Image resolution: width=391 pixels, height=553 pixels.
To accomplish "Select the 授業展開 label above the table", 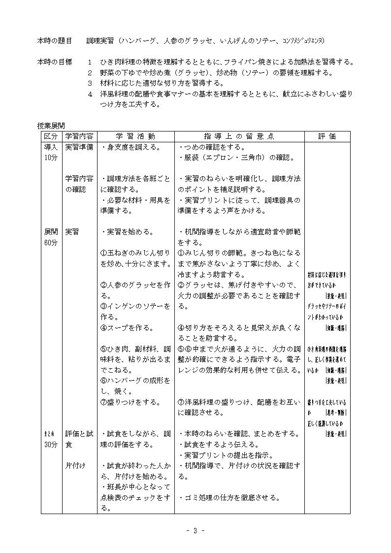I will pyautogui.click(x=51, y=126).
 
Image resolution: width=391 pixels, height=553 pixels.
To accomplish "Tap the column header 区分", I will pyautogui.click(x=51, y=136).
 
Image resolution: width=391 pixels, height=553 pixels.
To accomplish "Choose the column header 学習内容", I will pyautogui.click(x=79, y=136).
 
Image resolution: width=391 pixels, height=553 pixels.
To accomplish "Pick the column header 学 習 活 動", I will pyautogui.click(x=135, y=136).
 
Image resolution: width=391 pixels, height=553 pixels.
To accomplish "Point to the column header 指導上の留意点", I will pyautogui.click(x=239, y=136).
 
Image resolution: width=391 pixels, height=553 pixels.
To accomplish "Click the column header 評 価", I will pyautogui.click(x=327, y=136).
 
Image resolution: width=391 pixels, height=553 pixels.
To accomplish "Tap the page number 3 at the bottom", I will pyautogui.click(x=195, y=530).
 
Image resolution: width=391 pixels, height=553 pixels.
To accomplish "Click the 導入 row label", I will pyautogui.click(x=51, y=147).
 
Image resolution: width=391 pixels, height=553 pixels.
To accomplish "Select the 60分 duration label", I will pyautogui.click(x=51, y=243).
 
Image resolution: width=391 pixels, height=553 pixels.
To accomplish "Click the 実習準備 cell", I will pyautogui.click(x=79, y=147).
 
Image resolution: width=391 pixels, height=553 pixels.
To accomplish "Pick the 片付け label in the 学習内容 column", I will pyautogui.click(x=75, y=465).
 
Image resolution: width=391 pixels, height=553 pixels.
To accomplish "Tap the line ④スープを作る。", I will pyautogui.click(x=127, y=327).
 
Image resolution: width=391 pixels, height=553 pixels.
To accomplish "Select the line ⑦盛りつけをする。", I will pyautogui.click(x=130, y=402).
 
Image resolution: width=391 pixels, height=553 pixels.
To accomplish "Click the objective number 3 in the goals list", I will pyautogui.click(x=90, y=83).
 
